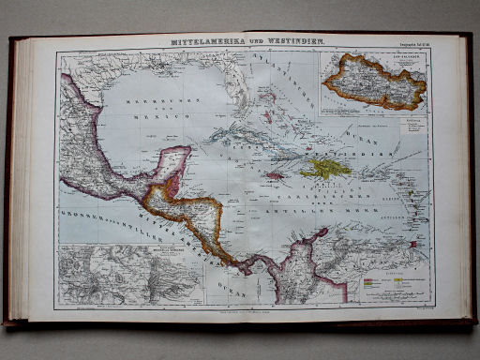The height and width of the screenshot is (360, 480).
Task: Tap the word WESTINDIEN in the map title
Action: coord(290,44)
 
